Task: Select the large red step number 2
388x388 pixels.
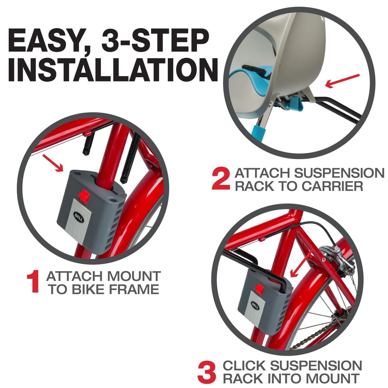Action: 221,179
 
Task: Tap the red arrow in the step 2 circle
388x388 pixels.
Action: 342,81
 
